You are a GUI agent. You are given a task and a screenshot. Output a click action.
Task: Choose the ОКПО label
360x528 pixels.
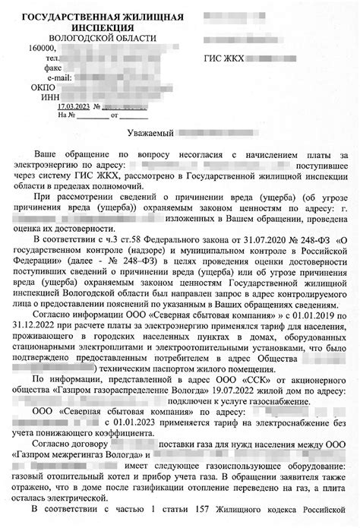click(x=44, y=87)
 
